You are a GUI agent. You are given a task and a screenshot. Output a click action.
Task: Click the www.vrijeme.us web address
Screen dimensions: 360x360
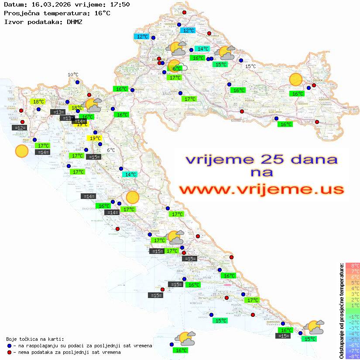261,189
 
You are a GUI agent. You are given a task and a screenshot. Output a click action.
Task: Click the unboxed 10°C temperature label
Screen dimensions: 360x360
73,75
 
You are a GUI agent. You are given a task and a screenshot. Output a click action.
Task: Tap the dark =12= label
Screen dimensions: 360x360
20,128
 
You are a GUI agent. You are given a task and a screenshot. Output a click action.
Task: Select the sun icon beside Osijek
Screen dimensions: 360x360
296,80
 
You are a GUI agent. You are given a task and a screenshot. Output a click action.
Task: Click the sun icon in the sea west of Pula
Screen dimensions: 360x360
21,151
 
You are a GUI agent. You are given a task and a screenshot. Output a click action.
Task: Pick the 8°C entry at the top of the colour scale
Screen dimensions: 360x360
353,265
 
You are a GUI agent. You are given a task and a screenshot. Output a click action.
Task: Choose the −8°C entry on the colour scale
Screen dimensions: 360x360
353,356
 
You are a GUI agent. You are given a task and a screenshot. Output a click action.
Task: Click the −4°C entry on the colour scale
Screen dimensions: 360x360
353,333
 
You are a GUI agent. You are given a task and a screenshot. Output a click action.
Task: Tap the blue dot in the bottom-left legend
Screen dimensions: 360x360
9,346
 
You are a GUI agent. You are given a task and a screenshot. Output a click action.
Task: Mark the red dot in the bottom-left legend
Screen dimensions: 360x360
9,352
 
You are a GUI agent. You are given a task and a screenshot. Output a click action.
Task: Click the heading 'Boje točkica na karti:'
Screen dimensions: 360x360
35,339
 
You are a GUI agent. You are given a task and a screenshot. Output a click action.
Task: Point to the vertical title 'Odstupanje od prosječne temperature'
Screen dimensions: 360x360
341,310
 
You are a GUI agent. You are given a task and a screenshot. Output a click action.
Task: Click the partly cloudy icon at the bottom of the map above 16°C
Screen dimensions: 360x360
185,338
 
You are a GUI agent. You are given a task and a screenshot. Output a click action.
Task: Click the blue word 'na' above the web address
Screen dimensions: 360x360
262,172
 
